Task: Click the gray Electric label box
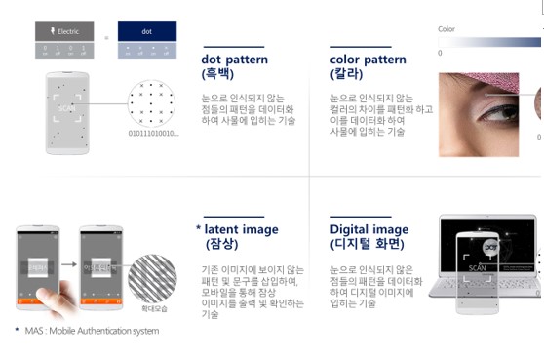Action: [x=63, y=32]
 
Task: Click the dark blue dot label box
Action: [x=145, y=32]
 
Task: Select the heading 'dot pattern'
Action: [x=234, y=60]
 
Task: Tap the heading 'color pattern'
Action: [x=369, y=60]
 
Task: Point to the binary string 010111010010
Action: [x=153, y=132]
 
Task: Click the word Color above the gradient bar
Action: [x=447, y=29]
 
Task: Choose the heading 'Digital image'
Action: [x=369, y=229]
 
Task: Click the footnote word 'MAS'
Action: [x=32, y=330]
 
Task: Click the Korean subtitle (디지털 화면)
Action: [x=369, y=244]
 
